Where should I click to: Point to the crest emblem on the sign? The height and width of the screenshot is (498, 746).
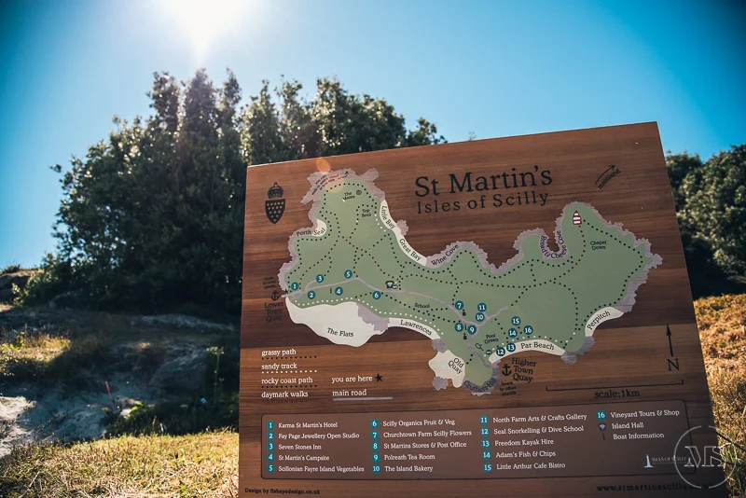274,202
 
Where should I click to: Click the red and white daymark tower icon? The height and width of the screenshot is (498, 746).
576,218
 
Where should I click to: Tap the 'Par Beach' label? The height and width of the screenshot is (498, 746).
537,346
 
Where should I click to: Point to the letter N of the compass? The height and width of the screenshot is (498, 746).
672,364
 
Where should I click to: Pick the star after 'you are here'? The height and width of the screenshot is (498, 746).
379,379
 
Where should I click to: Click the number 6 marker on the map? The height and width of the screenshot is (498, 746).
377,296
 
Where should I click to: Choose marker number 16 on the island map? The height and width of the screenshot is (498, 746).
528,330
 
